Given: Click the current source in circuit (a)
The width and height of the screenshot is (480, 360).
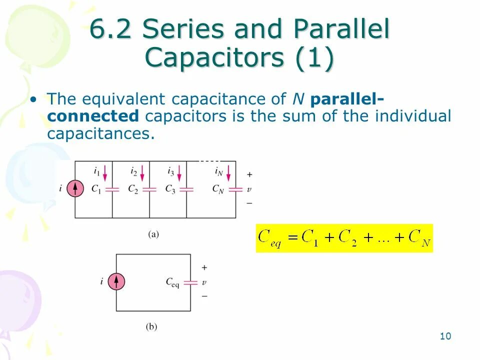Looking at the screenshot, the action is (x=75, y=189).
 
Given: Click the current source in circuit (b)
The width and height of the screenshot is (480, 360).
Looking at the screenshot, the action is (x=116, y=282).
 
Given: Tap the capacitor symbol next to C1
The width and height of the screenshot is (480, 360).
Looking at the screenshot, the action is (x=112, y=189).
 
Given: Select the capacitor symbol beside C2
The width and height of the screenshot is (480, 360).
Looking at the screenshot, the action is (x=149, y=189).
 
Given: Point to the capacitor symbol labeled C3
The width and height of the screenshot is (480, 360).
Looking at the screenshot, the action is (x=186, y=189).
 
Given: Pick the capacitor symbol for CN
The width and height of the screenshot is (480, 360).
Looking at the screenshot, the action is (x=236, y=189).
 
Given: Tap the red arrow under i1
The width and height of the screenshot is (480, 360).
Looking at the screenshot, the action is (x=105, y=173).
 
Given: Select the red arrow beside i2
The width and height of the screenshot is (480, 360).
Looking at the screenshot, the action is (x=142, y=173).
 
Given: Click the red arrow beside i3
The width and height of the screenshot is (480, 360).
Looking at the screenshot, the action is (x=179, y=173).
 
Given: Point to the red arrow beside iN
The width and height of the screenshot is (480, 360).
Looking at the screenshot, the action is (x=228, y=173).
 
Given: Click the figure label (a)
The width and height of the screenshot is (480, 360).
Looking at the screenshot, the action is (x=153, y=233).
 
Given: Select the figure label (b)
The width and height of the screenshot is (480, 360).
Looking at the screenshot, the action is (x=151, y=327).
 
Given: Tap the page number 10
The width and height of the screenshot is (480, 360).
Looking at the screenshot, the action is (x=445, y=336).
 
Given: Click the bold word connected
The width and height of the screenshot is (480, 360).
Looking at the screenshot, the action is (x=93, y=116).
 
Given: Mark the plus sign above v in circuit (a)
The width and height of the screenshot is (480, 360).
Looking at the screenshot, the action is (x=249, y=175).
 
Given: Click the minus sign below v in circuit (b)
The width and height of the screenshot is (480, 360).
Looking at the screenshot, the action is (x=204, y=296).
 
